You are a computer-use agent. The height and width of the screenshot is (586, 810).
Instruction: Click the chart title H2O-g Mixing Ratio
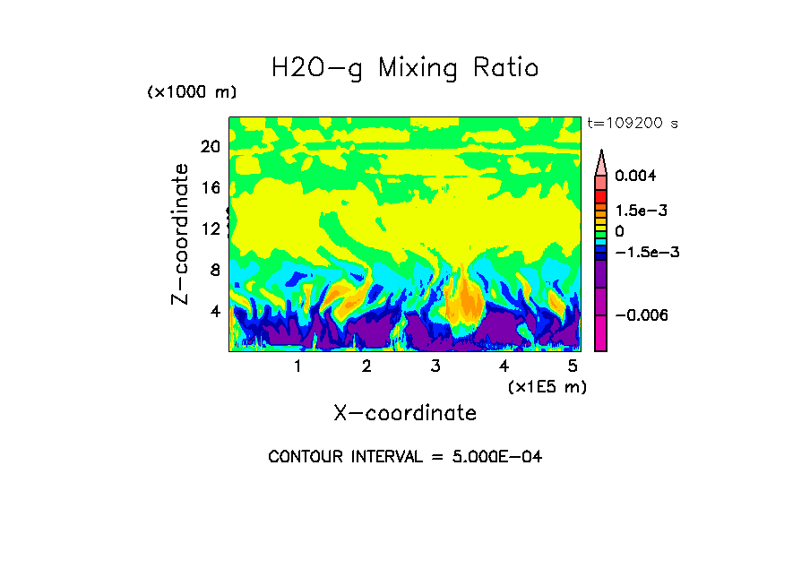[x=405, y=68]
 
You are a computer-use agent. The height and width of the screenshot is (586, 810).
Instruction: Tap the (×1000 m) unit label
[x=191, y=93]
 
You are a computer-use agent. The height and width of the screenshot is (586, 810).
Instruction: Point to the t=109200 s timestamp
[x=632, y=123]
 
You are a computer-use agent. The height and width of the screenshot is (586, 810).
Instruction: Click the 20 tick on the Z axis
[x=210, y=147]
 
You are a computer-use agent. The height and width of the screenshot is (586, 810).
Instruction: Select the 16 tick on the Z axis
[x=210, y=188]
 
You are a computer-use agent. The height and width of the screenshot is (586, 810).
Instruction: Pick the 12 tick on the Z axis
[x=210, y=229]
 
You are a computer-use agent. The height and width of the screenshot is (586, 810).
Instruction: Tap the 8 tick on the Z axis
[x=214, y=271]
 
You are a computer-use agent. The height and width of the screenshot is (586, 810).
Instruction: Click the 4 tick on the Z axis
[x=214, y=312]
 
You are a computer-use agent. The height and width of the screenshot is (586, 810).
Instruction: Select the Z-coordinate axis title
[x=181, y=234]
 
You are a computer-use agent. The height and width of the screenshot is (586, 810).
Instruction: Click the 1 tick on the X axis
[x=297, y=366]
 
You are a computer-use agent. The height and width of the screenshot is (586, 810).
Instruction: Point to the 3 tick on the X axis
[x=435, y=366]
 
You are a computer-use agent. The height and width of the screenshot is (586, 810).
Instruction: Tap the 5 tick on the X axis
[x=573, y=366]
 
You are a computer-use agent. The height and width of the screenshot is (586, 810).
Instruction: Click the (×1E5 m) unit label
[x=547, y=386]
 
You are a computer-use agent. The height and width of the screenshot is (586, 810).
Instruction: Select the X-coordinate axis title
[x=405, y=413]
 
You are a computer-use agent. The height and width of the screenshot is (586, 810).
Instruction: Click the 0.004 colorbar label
[x=634, y=176]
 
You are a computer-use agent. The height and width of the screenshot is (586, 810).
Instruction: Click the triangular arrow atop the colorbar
[x=601, y=161]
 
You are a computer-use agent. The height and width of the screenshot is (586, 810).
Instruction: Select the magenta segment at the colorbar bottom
[x=600, y=335]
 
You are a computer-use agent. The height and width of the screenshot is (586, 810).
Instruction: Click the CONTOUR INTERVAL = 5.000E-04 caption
[x=405, y=457]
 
